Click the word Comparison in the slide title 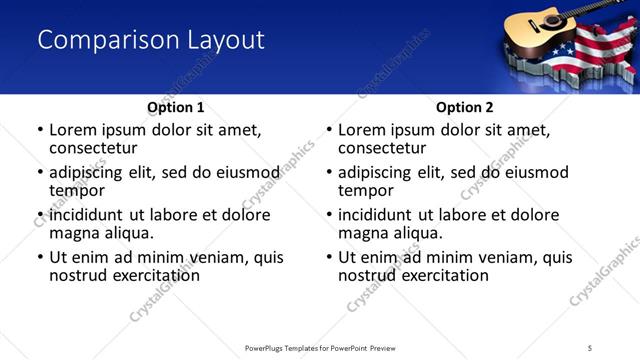tap(98, 40)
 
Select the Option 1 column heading tap(176, 107)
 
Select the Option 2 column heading tap(465, 107)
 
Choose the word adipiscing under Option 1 tap(91, 172)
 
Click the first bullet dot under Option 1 tap(39, 130)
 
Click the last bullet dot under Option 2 tap(328, 258)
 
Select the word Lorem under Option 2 tap(361, 129)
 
